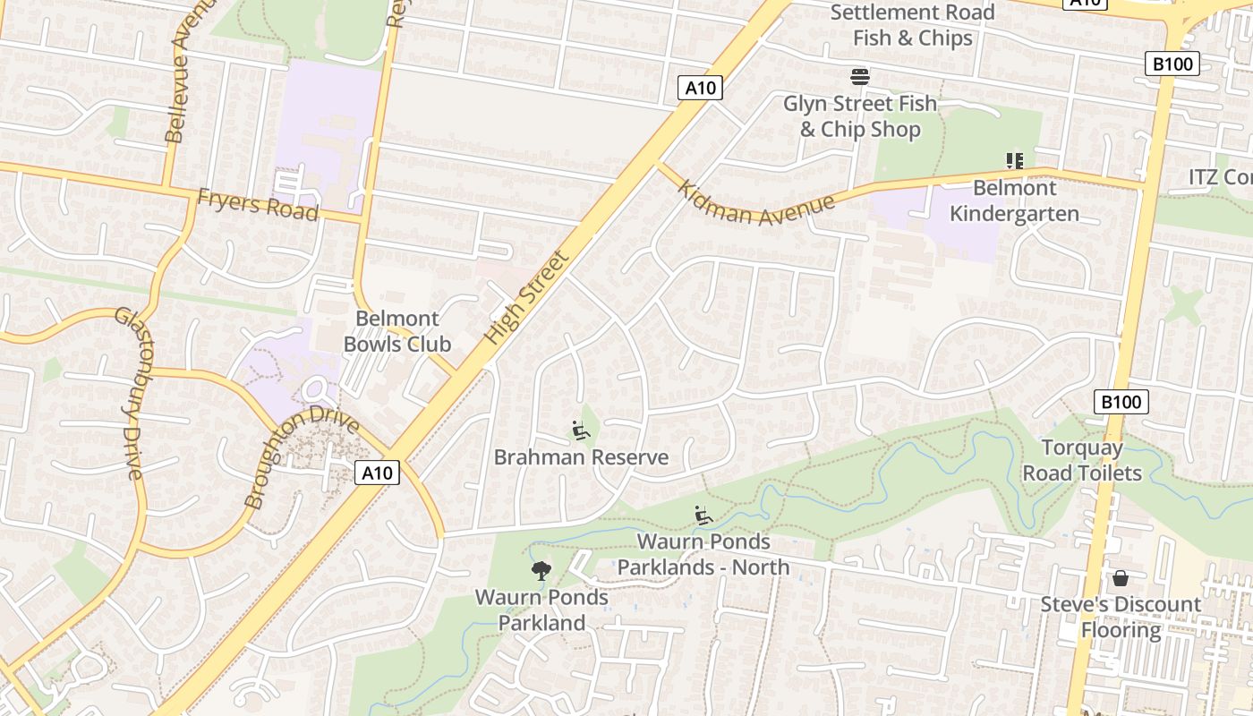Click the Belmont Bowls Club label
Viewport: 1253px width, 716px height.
pyautogui.click(x=396, y=331)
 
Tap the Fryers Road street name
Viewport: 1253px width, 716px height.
pyautogui.click(x=258, y=204)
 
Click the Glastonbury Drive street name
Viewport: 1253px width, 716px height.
pyautogui.click(x=129, y=393)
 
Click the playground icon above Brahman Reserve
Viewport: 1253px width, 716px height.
pyautogui.click(x=581, y=431)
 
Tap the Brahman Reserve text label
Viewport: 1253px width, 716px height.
pyautogui.click(x=581, y=457)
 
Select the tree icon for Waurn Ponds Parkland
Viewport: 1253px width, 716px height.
pyautogui.click(x=541, y=570)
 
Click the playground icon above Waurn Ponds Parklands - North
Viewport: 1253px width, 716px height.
pyautogui.click(x=703, y=516)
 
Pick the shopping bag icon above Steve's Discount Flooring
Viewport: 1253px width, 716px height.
pyautogui.click(x=1120, y=578)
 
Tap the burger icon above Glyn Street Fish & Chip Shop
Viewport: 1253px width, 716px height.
pyautogui.click(x=860, y=77)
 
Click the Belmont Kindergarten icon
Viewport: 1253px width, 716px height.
pyautogui.click(x=1014, y=161)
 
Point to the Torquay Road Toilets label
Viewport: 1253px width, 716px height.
pyautogui.click(x=1082, y=460)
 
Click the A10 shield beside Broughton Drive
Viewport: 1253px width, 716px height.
pyautogui.click(x=377, y=473)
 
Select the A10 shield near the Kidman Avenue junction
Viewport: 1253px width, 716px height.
pyautogui.click(x=699, y=88)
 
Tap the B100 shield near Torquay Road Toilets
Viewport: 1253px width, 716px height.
pyautogui.click(x=1121, y=402)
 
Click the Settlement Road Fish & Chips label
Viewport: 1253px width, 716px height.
pyautogui.click(x=912, y=25)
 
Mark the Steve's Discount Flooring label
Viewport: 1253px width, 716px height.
pyautogui.click(x=1121, y=618)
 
